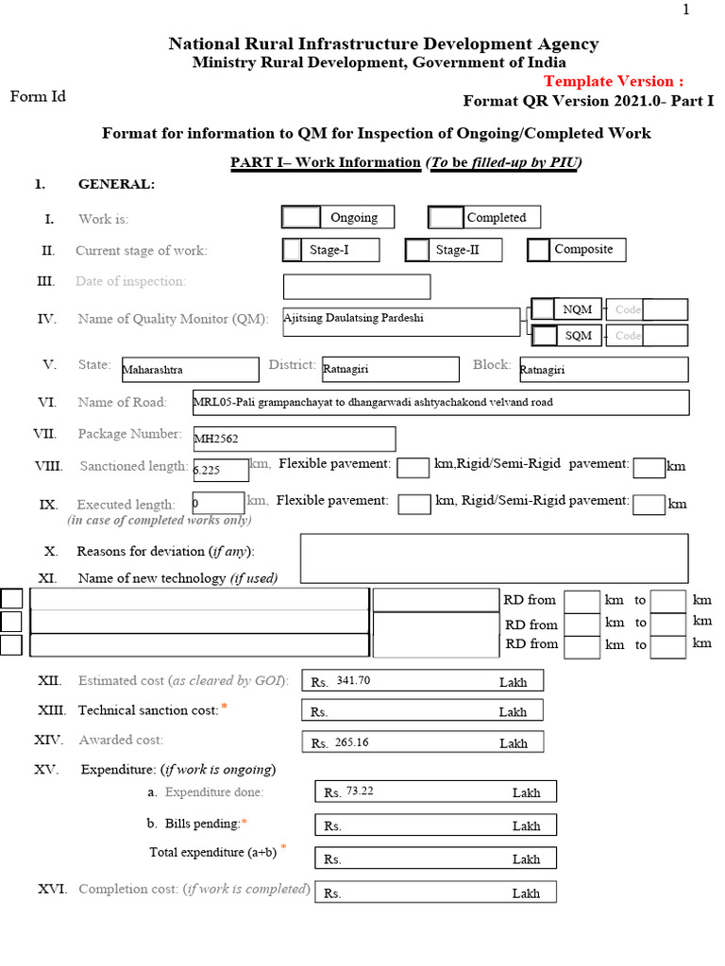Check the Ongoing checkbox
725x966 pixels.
[302, 217]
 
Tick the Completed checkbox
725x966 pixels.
[447, 218]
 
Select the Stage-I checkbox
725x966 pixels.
[293, 250]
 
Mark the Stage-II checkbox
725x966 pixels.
[417, 250]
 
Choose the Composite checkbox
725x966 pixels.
[539, 250]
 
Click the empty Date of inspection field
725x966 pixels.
[357, 287]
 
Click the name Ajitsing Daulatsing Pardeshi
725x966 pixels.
[354, 318]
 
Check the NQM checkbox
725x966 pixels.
[544, 308]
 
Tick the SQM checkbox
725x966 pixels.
[544, 335]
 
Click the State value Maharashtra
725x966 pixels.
[153, 371]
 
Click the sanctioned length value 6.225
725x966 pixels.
[207, 468]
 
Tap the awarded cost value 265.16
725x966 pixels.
[351, 742]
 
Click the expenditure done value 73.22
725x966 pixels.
[360, 791]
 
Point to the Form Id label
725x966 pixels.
[38, 96]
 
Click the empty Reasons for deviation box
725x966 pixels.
[494, 558]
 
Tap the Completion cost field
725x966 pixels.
[435, 892]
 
